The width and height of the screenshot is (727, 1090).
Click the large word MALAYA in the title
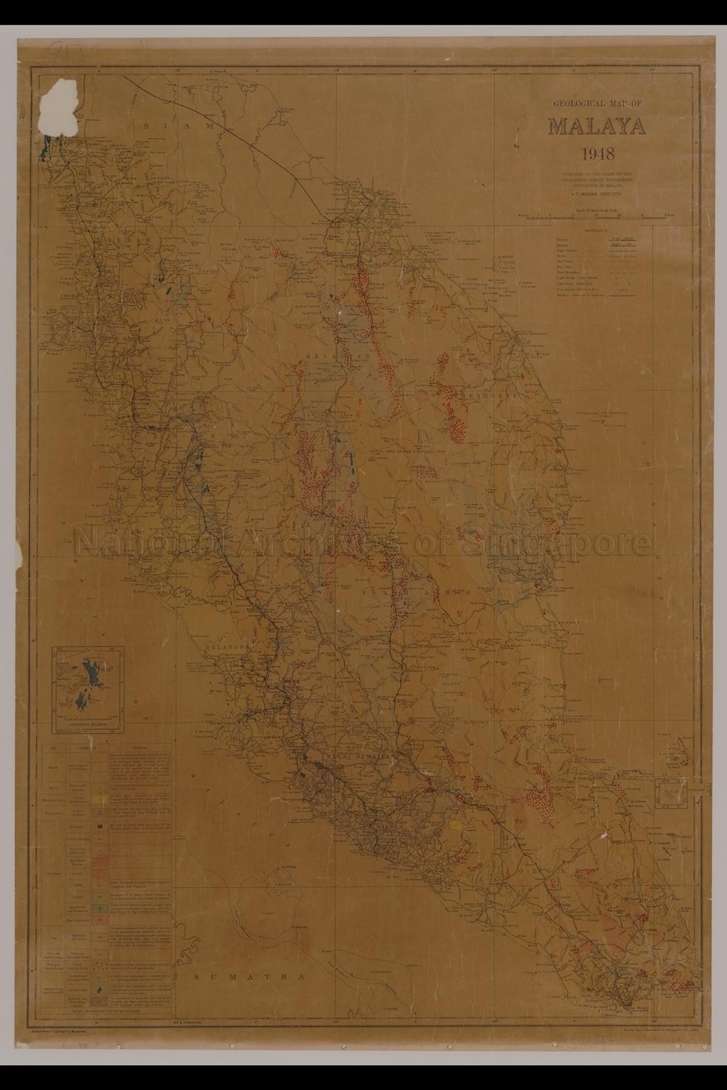596,127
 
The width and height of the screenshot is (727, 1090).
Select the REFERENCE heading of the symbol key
596,231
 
